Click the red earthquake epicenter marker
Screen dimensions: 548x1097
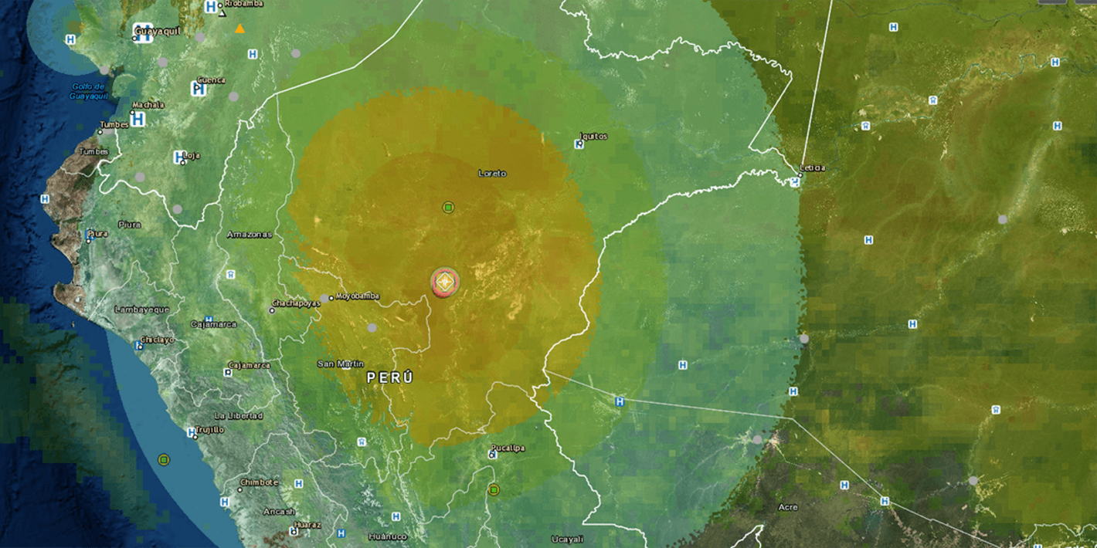pos(445,283)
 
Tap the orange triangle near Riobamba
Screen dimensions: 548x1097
pos(240,29)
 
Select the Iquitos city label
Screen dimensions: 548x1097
pos(593,137)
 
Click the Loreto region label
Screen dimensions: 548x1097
pos(492,174)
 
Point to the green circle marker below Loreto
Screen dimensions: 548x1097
pos(448,208)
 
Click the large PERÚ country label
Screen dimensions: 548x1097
pos(390,377)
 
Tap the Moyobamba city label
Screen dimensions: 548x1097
pos(357,296)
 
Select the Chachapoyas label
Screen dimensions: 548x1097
pos(296,303)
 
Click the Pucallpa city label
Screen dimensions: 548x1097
pos(508,448)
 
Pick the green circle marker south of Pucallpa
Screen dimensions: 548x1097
pos(494,490)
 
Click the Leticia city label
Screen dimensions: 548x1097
pos(812,167)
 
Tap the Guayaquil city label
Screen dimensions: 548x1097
pos(158,32)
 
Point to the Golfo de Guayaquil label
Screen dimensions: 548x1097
pos(89,91)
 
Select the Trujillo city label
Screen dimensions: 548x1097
pos(209,430)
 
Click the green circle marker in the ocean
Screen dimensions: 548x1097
pos(164,460)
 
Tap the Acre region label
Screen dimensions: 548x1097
pos(788,507)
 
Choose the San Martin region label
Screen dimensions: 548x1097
pos(341,364)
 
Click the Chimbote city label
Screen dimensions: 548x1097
pos(259,482)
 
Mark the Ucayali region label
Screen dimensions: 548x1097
pos(567,539)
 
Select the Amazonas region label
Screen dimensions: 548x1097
pos(250,234)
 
